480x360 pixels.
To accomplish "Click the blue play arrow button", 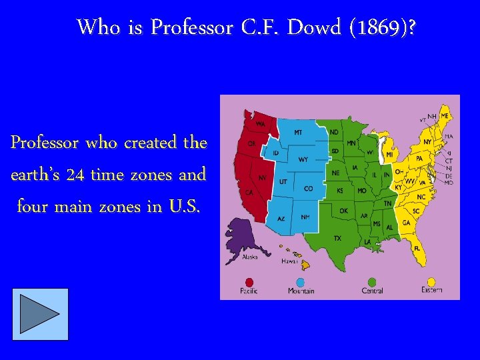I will (x=40, y=314).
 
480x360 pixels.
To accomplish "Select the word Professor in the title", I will (x=191, y=28).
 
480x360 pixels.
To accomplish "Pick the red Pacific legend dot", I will (x=250, y=282).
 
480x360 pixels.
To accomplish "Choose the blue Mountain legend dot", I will (x=301, y=282).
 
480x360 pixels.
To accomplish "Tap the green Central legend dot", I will (x=371, y=282).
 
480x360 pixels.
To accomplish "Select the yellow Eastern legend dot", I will (x=431, y=282).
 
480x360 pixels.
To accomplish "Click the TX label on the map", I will (x=337, y=238).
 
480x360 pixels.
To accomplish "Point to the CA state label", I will (x=249, y=193).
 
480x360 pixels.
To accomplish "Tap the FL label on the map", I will (x=417, y=249).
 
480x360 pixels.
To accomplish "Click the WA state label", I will (x=261, y=124).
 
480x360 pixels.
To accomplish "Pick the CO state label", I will (x=308, y=189).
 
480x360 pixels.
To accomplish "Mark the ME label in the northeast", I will (x=445, y=115).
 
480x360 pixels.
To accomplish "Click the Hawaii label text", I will (x=289, y=261).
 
